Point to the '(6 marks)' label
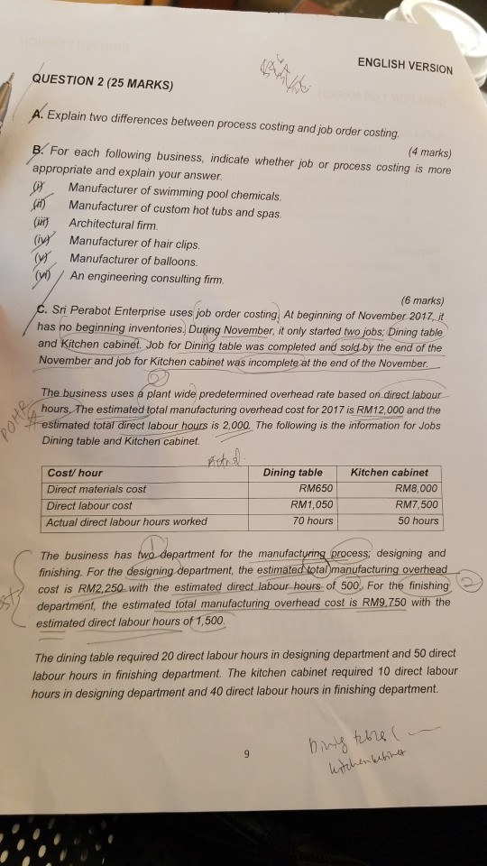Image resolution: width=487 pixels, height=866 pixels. point(420,300)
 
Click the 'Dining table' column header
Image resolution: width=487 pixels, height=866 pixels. point(292,472)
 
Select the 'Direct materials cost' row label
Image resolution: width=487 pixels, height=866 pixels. point(97,489)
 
